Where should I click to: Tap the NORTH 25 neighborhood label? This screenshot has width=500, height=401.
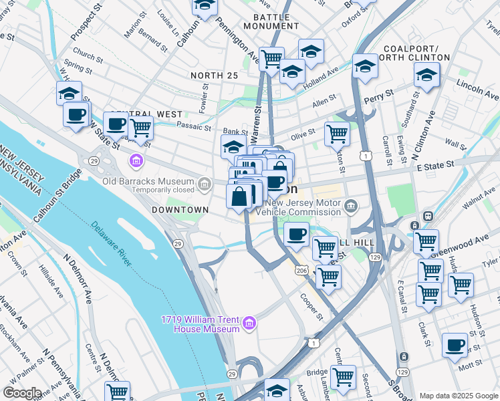(214, 76)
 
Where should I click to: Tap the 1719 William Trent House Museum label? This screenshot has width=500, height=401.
(200, 324)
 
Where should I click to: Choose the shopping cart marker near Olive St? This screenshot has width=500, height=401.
(338, 134)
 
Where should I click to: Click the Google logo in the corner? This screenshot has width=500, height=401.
(22, 393)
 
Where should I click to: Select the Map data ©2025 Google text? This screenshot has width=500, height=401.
(458, 396)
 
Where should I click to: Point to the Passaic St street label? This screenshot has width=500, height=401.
(193, 125)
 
